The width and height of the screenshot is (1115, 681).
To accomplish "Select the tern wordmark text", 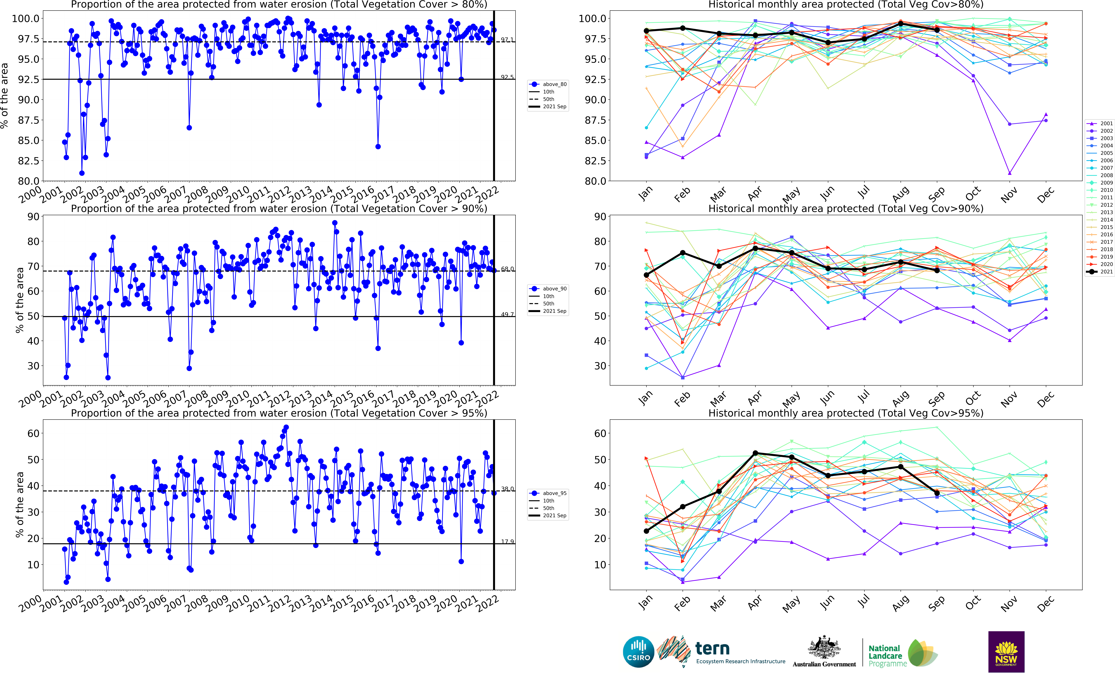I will tap(712, 648).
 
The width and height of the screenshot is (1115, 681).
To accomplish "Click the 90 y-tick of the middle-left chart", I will tap(33, 217).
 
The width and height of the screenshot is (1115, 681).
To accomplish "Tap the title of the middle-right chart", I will tap(846, 208).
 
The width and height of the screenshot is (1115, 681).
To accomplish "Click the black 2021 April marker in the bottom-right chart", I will tap(755, 453).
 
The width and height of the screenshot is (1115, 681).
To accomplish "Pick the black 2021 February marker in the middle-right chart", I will tap(683, 253).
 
